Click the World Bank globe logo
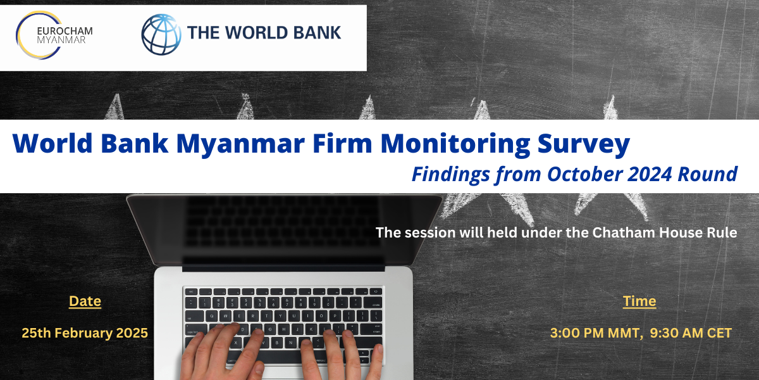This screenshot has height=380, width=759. click(x=161, y=34)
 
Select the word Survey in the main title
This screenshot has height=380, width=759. click(x=583, y=144)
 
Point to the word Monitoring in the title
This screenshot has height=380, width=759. click(x=455, y=144)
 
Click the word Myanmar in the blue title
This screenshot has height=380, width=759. click(x=240, y=144)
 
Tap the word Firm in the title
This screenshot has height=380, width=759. click(x=343, y=143)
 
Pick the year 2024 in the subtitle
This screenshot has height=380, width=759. click(x=650, y=174)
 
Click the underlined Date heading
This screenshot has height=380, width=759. click(x=85, y=301)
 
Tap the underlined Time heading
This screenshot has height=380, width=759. click(x=639, y=301)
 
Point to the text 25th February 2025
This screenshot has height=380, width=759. click(x=85, y=333)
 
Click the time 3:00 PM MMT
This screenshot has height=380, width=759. click(x=596, y=333)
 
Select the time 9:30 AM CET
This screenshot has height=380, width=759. click(x=691, y=333)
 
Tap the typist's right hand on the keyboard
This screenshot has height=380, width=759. click(x=342, y=355)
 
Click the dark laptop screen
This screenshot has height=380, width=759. click(x=284, y=229)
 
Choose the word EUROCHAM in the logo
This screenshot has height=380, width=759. click(x=65, y=31)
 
